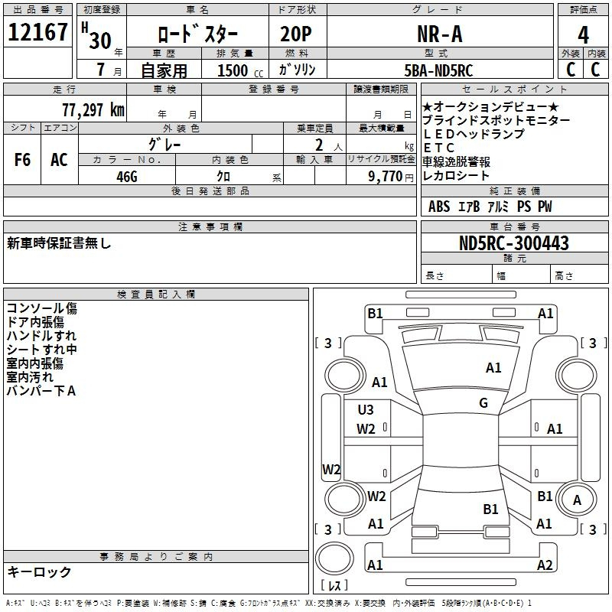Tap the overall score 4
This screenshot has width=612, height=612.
click(x=583, y=34)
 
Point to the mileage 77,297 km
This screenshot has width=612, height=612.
click(x=93, y=109)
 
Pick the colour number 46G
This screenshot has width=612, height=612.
click(x=126, y=175)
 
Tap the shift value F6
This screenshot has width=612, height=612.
click(x=22, y=160)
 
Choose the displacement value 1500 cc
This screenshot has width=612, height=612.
click(x=239, y=70)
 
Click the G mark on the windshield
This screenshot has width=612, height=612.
click(x=483, y=403)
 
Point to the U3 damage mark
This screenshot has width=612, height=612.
click(x=366, y=410)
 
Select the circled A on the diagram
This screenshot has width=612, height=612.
click(x=578, y=500)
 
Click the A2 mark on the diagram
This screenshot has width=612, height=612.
click(x=545, y=565)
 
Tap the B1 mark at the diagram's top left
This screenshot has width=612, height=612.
click(x=375, y=313)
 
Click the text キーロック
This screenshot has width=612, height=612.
click(x=39, y=572)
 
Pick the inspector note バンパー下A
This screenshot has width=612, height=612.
click(x=41, y=391)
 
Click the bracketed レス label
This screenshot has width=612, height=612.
click(x=334, y=586)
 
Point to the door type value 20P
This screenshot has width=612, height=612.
click(x=297, y=34)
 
